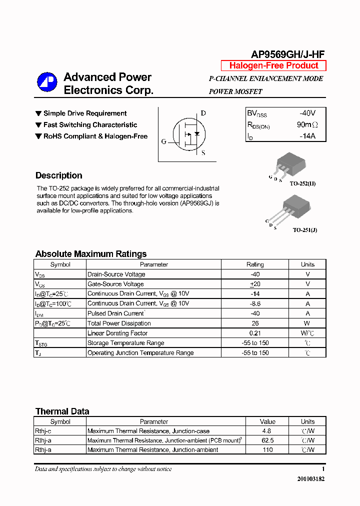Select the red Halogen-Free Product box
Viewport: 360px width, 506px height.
click(273, 65)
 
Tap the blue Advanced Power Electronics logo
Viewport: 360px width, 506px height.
click(47, 82)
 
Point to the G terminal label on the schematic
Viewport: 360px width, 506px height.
click(163, 141)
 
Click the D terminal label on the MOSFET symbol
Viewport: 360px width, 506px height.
click(203, 113)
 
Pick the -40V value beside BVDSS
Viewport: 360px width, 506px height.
click(307, 113)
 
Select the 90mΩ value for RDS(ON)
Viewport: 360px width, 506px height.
click(307, 124)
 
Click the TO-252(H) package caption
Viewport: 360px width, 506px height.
click(302, 183)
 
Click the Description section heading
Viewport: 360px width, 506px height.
click(58, 175)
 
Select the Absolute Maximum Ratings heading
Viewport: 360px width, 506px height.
click(90, 253)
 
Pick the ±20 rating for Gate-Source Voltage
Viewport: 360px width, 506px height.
click(255, 284)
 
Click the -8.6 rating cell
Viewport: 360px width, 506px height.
click(255, 303)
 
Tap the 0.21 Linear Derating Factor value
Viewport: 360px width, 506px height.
click(255, 333)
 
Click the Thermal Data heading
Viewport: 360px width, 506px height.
click(62, 411)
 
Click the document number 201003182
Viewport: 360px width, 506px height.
click(310, 479)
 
